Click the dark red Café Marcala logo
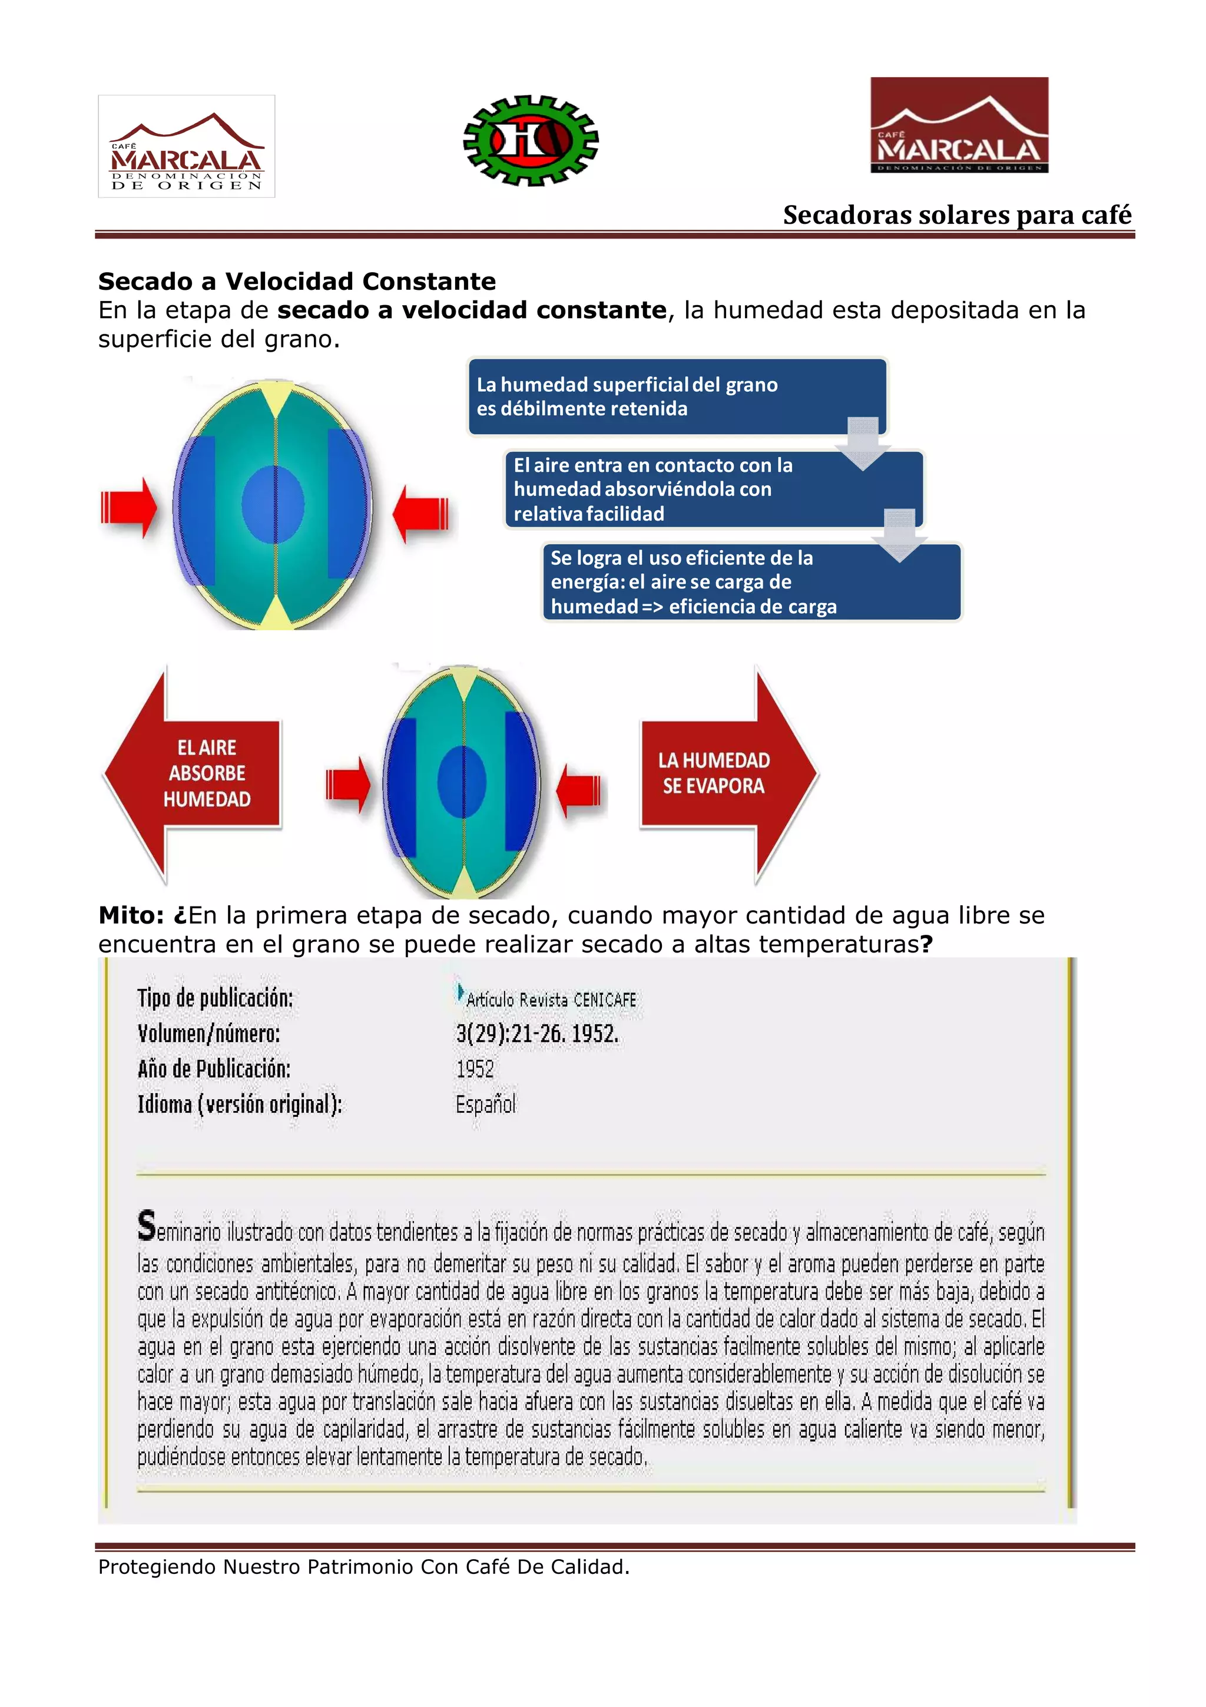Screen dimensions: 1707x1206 coord(959,125)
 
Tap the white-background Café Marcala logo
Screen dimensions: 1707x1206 coord(187,147)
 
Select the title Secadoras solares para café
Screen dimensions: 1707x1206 coord(956,215)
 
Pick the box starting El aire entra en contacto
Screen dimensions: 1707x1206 coord(713,489)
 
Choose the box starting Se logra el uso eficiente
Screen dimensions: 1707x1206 coord(750,582)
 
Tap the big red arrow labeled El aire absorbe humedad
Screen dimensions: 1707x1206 coord(194,774)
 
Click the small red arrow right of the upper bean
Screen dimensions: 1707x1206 coord(420,512)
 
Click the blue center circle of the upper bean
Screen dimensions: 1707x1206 coord(273,505)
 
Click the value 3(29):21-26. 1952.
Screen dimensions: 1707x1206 coord(536,1033)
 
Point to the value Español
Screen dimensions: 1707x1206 coord(485,1104)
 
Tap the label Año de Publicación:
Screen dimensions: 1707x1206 coord(214,1069)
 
